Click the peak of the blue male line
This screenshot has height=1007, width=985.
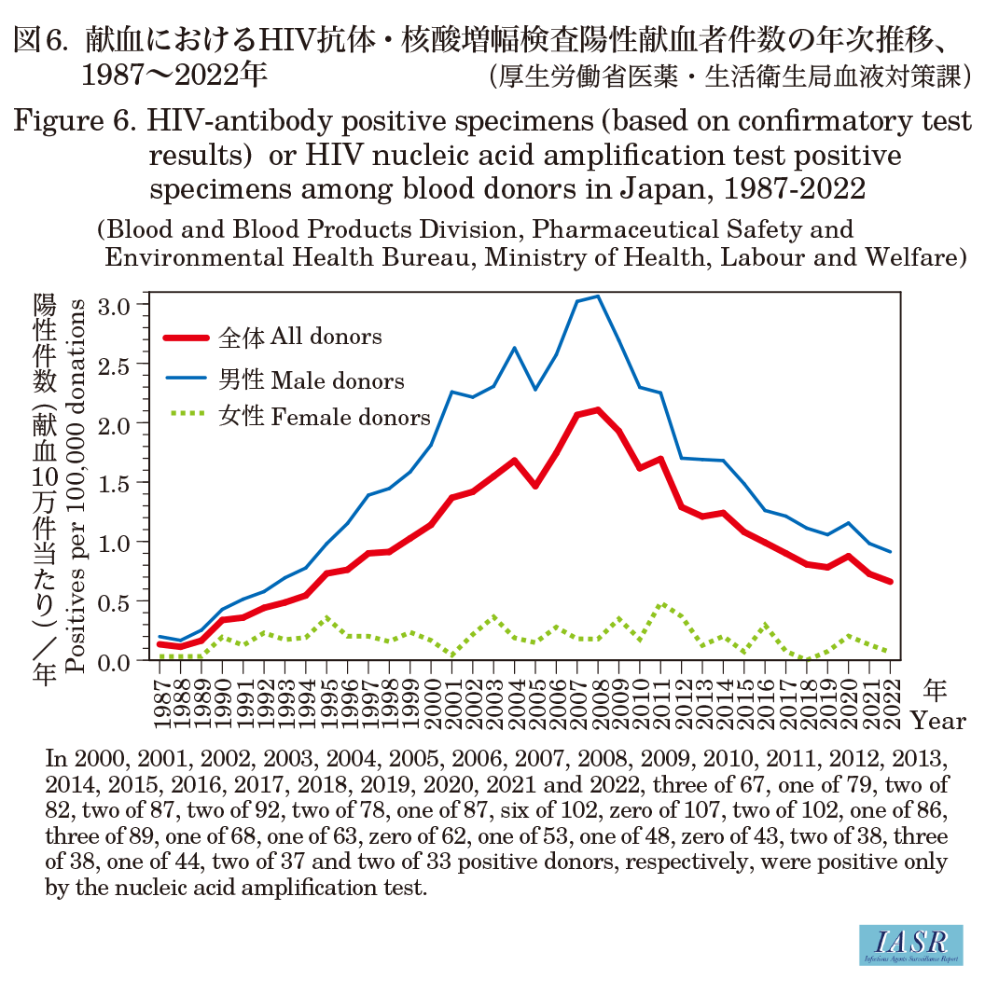598,297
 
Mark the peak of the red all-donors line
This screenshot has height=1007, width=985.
598,409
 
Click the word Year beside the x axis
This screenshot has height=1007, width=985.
937,721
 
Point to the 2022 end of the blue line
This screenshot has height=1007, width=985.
890,552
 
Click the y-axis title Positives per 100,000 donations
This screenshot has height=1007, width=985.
81,485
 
